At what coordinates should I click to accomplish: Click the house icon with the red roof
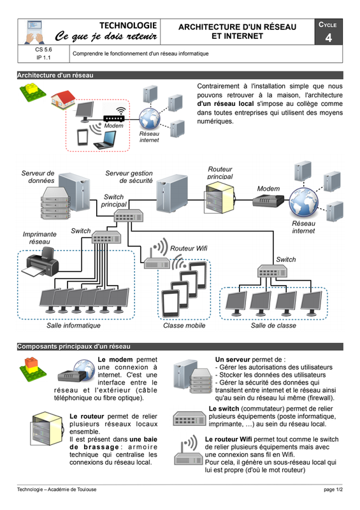(64, 99)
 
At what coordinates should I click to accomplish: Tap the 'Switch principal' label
(113, 201)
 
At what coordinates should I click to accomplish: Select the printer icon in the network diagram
(40, 262)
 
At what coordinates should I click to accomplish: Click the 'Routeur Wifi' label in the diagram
(189, 249)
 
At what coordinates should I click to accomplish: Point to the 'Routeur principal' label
(220, 173)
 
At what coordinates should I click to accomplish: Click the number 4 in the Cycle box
(328, 38)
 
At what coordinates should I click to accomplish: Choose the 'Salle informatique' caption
(73, 326)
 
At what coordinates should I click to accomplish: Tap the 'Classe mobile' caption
(184, 326)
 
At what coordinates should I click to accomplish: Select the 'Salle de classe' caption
(273, 326)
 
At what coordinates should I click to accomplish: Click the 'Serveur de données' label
(38, 177)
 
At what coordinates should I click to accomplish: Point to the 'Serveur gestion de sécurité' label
(129, 177)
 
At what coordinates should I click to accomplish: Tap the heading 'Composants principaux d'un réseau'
(74, 347)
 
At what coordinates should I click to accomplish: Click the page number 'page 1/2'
(333, 490)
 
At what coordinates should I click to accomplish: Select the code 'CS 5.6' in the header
(43, 50)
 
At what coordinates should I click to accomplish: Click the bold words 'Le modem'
(115, 360)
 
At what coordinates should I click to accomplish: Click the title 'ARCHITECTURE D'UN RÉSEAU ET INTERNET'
(238, 31)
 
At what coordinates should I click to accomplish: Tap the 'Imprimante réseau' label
(40, 238)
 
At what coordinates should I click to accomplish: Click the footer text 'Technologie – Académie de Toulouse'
(57, 490)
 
